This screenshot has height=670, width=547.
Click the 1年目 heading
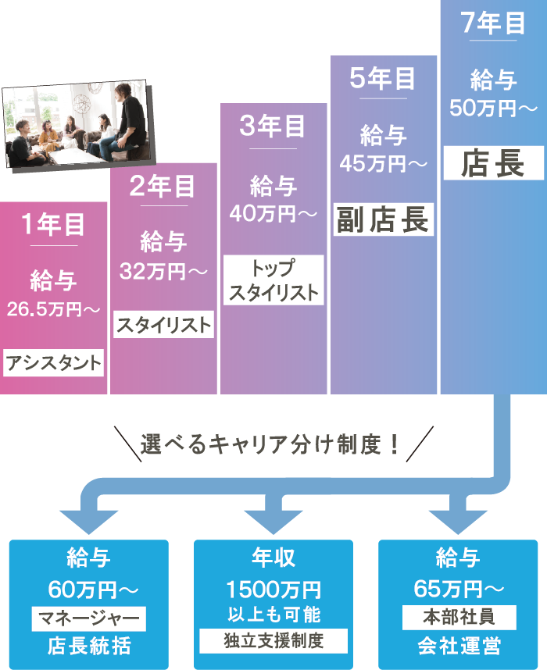54,225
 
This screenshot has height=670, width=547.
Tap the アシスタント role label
54,363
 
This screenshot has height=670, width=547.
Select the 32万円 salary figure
163,271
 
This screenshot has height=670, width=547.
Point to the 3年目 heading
273,127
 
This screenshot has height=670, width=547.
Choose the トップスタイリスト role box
273,280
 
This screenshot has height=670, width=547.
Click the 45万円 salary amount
383,163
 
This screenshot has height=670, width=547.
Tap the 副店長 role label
383,219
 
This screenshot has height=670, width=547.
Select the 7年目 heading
492,23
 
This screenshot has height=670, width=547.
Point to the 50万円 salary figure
492,108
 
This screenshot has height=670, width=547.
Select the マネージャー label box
89,619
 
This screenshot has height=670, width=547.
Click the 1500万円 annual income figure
273,588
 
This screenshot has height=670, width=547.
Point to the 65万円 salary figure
459,587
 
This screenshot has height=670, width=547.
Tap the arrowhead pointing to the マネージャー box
88,519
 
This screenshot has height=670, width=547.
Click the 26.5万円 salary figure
54,309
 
